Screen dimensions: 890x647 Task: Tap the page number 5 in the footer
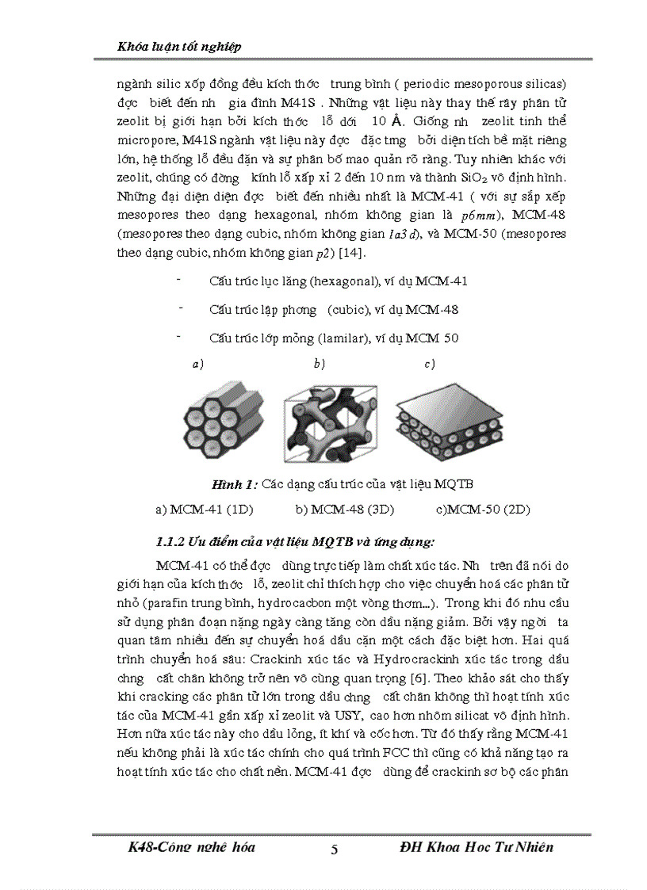pyautogui.click(x=334, y=850)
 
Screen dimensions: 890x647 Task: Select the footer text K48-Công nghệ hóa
pyautogui.click(x=191, y=847)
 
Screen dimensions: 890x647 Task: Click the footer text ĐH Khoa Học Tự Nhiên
pyautogui.click(x=477, y=847)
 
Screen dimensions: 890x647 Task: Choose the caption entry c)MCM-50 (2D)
pyautogui.click(x=482, y=509)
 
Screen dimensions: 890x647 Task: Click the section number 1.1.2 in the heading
pyautogui.click(x=170, y=542)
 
